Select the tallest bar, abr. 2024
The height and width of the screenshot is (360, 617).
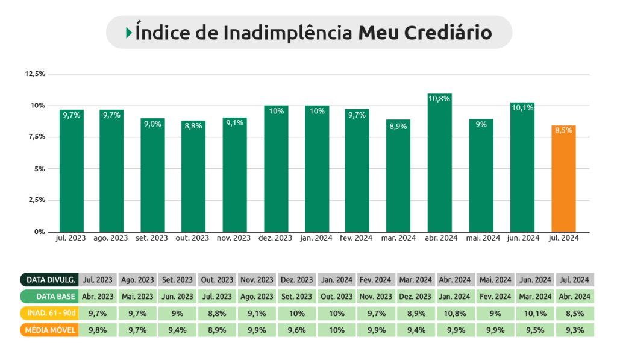(x=440, y=163)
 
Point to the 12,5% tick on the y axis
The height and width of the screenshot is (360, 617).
(x=35, y=74)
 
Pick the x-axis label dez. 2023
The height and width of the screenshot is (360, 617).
(x=275, y=238)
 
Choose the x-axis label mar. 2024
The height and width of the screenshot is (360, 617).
(x=398, y=238)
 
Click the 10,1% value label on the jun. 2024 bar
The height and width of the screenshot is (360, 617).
(x=522, y=108)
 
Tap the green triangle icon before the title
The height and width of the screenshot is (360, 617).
(x=129, y=33)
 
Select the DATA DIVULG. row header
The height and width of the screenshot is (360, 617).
(x=48, y=280)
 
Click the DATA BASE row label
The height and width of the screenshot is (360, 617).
(x=48, y=297)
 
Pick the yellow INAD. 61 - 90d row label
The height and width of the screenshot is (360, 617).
(x=48, y=314)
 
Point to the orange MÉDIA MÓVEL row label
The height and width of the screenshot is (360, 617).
(x=48, y=330)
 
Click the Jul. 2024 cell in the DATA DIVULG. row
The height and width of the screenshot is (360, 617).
(x=574, y=280)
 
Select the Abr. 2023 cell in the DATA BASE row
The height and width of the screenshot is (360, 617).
(x=98, y=297)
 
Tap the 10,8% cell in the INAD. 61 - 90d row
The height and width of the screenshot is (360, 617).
(x=455, y=314)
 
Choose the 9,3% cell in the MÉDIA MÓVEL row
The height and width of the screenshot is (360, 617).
(x=574, y=330)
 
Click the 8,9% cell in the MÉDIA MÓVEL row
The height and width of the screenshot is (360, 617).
(x=217, y=330)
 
